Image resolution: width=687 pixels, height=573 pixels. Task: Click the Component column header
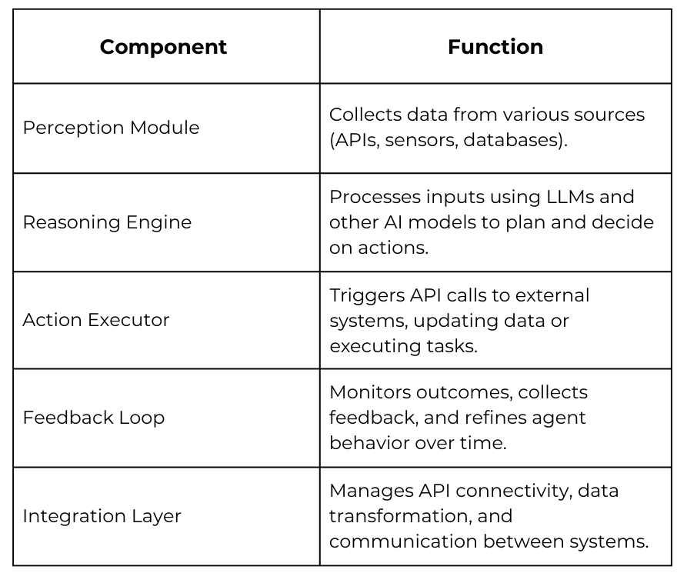163,47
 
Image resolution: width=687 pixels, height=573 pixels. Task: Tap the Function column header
495,47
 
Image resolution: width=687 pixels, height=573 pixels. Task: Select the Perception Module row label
111,128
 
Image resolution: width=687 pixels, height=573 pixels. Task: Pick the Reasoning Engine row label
107,222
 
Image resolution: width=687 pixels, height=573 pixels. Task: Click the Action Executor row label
96,320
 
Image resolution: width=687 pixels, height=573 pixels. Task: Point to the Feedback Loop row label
94,418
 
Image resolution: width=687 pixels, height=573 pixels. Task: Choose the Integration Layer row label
102,516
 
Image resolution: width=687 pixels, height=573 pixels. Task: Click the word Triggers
367,296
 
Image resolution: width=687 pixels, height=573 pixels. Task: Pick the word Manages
371,491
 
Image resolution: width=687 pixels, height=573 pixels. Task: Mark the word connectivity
514,491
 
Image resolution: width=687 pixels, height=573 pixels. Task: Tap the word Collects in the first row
365,115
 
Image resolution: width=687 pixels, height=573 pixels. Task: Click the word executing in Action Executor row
375,347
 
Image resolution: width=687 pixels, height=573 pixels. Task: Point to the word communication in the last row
403,542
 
